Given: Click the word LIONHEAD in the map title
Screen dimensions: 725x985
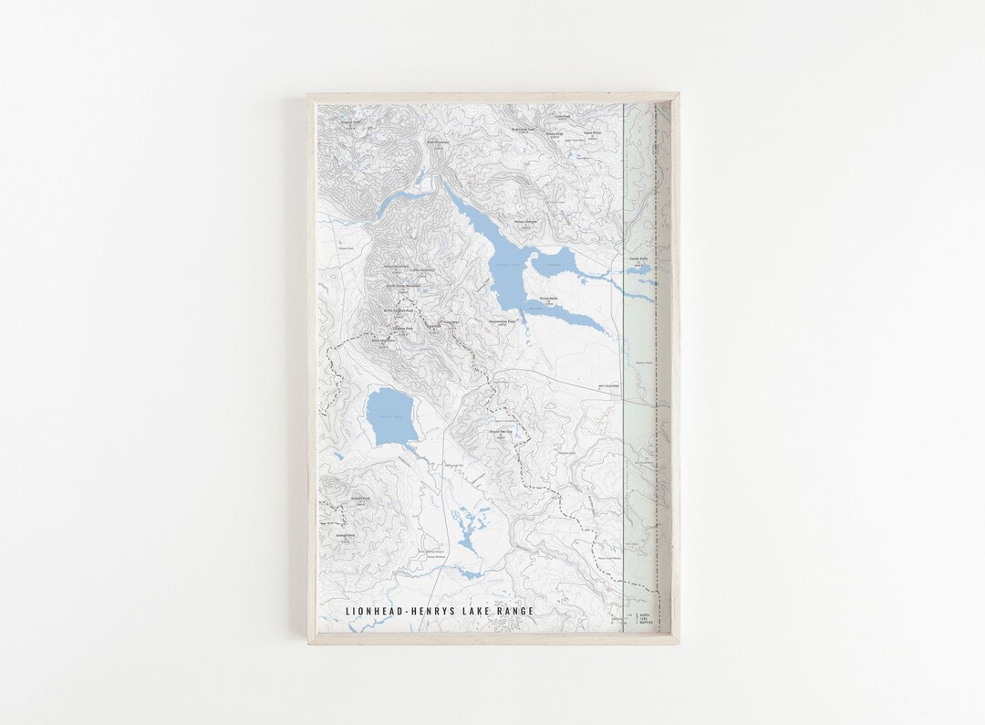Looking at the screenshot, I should (373, 611).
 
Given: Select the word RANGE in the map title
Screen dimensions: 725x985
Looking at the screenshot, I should (514, 611).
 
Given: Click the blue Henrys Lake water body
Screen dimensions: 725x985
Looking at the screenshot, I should (391, 417).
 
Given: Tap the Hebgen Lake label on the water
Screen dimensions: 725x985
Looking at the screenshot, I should (507, 265).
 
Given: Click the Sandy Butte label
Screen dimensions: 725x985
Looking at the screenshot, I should (638, 258).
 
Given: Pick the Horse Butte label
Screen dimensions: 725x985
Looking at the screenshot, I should (548, 298).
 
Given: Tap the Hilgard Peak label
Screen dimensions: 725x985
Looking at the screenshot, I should (347, 121).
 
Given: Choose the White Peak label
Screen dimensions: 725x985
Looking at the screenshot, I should (555, 133).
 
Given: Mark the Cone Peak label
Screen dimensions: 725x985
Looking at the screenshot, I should (561, 116).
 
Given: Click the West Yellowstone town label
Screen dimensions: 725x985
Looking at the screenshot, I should (608, 386).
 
